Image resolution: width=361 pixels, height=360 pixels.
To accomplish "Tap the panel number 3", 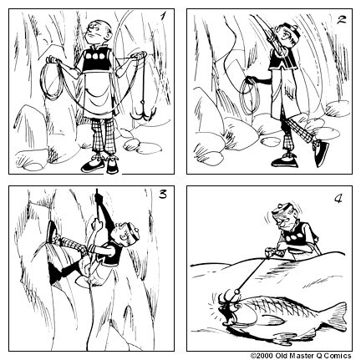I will (161, 195).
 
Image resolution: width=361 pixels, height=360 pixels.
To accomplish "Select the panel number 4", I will (338, 200).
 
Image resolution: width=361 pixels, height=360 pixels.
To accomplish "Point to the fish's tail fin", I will (335, 316).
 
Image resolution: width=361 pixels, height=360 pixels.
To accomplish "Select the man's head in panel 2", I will (287, 37).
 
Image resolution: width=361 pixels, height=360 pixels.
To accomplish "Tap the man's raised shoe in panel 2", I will (319, 152).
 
